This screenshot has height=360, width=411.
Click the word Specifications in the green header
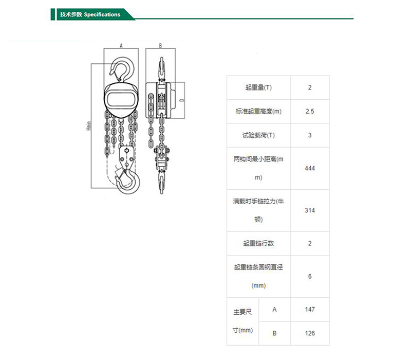pyautogui.click(x=102, y=15)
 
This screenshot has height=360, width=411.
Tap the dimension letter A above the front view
pyautogui.click(x=121, y=46)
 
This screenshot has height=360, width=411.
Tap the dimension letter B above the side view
pyautogui.click(x=160, y=46)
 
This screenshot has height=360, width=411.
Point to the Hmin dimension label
pyautogui.click(x=89, y=126)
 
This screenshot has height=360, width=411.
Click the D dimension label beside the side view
pyautogui.click(x=182, y=100)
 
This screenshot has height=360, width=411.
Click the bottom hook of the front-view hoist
pyautogui.click(x=127, y=182)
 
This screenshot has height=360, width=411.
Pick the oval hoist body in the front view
pyautogui.click(x=121, y=100)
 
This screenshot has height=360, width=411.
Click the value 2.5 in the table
pyautogui.click(x=310, y=111)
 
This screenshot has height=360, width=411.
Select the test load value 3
pyautogui.click(x=310, y=135)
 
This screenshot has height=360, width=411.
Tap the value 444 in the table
pyautogui.click(x=310, y=168)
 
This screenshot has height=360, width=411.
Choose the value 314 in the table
pyautogui.click(x=310, y=210)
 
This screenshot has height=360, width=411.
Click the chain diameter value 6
pyautogui.click(x=310, y=276)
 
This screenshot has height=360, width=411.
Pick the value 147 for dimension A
pyautogui.click(x=310, y=310)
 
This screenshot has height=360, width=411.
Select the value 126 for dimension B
pyautogui.click(x=310, y=333)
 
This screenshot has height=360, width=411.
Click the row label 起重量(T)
pyautogui.click(x=258, y=87)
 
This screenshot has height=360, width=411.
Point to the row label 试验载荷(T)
pyautogui.click(x=258, y=135)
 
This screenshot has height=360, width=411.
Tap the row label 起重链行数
pyautogui.click(x=258, y=243)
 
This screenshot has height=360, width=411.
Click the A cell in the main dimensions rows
pyautogui.click(x=274, y=310)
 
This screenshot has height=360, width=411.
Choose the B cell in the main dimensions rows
pyautogui.click(x=274, y=333)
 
